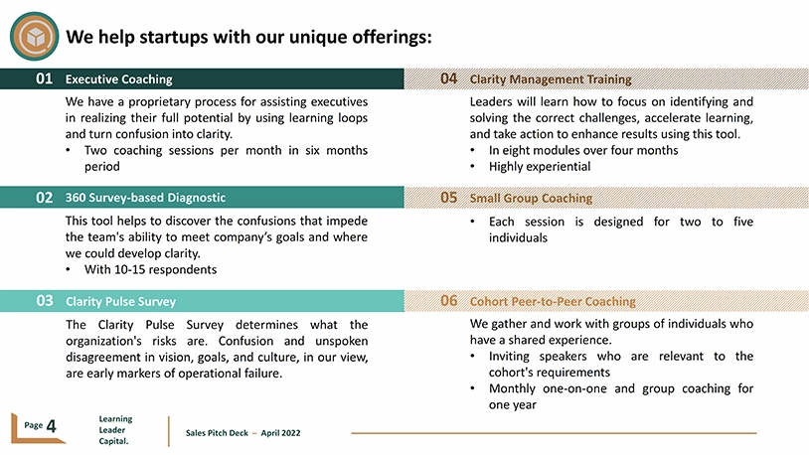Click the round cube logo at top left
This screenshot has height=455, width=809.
pyautogui.click(x=34, y=37)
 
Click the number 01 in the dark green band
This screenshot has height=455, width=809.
pyautogui.click(x=44, y=78)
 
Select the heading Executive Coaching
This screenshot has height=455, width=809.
pyautogui.click(x=118, y=79)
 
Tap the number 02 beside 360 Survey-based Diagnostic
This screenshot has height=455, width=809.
pyautogui.click(x=44, y=198)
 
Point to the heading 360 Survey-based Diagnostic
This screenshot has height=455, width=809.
pyautogui.click(x=145, y=198)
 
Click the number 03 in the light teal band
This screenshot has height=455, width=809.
pyautogui.click(x=45, y=301)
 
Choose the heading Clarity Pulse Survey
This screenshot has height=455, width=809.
pyautogui.click(x=120, y=301)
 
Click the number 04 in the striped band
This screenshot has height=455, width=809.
pyautogui.click(x=449, y=78)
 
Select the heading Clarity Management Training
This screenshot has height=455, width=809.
pyautogui.click(x=551, y=79)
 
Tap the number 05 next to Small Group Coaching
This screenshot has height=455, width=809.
pyautogui.click(x=449, y=198)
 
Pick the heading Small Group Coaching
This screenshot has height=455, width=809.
pyautogui.click(x=531, y=198)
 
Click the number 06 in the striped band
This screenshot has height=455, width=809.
pyautogui.click(x=449, y=301)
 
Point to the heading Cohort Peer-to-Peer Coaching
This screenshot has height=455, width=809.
pyautogui.click(x=553, y=301)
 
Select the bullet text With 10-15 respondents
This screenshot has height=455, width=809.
pyautogui.click(x=151, y=269)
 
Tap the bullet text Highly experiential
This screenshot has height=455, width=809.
pyautogui.click(x=540, y=166)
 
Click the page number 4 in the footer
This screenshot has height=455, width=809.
pyautogui.click(x=51, y=426)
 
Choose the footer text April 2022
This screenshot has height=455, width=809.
pyautogui.click(x=280, y=433)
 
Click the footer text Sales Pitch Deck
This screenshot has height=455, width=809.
pyautogui.click(x=217, y=433)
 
